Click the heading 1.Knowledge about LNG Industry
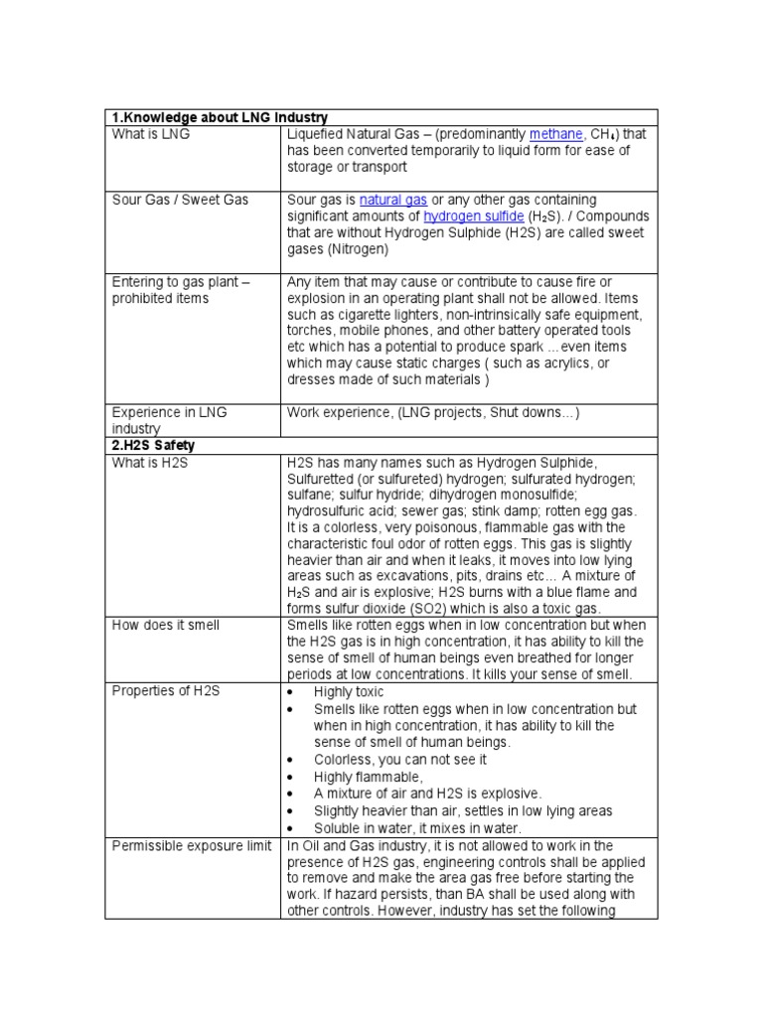[x=220, y=117]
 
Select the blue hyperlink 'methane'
[x=555, y=134]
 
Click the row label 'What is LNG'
[x=151, y=134]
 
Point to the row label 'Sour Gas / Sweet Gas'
[x=180, y=200]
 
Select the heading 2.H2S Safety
[x=154, y=446]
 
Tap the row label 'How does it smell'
[x=166, y=625]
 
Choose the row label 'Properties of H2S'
[x=167, y=691]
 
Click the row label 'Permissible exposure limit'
[x=192, y=845]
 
